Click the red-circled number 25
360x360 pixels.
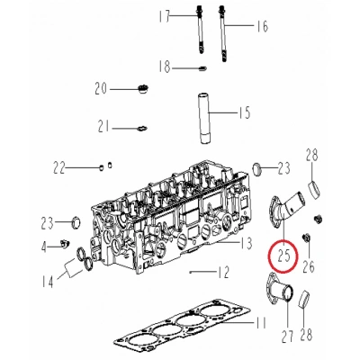pos(283,256)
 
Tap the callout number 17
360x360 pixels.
pos(165,16)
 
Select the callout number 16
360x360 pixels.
pos(262,26)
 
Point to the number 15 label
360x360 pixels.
pos(245,112)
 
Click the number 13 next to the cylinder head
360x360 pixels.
pos(247,243)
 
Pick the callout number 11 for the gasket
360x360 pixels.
pos(260,323)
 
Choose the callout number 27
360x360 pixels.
pos(287,337)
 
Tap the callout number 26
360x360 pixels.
pos(309,265)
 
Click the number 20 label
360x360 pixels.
pos(101,89)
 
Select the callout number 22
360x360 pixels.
pos(59,168)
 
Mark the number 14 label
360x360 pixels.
pos(48,282)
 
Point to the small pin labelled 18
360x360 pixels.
pos(202,68)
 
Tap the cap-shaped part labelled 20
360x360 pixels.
pos(142,89)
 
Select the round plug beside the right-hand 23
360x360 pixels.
pos(256,170)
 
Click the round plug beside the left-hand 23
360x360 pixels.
pos(76,222)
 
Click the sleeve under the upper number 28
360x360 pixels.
pos(315,189)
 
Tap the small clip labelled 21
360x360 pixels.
pos(141,128)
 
